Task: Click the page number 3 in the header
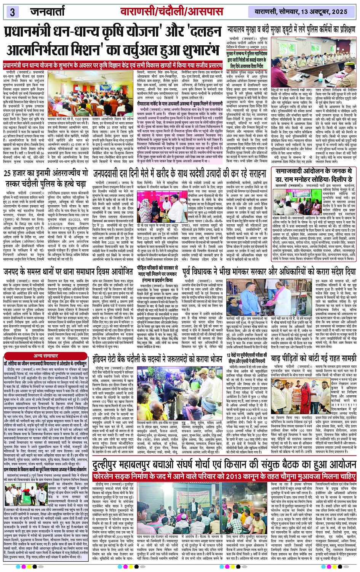coord(12,12)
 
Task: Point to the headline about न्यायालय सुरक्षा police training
coord(291,29)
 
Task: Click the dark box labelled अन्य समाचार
coord(46,356)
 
